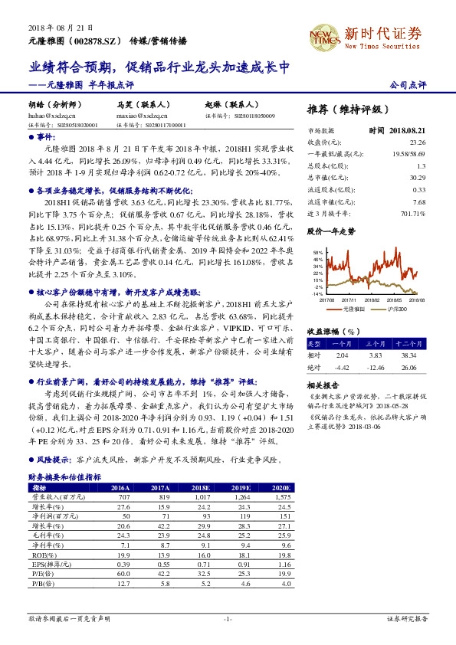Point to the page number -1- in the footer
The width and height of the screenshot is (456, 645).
pos(227,617)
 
